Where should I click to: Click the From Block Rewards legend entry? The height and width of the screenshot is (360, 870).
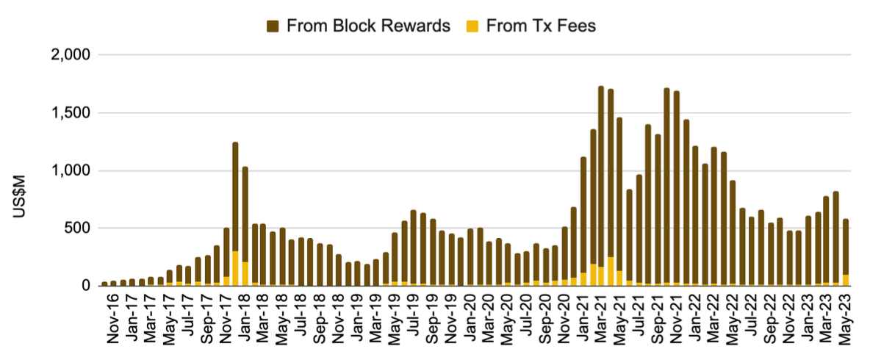coord(368,26)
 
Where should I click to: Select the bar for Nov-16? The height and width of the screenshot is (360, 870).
coord(105,283)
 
